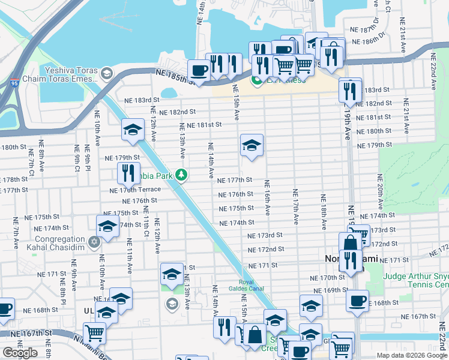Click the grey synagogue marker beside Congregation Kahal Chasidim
[93, 242]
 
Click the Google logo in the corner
[20, 353]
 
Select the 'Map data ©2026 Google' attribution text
[411, 355]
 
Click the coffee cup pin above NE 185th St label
[199, 70]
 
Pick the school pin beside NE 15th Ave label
[252, 145]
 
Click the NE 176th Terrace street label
[135, 190]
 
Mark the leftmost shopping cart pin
[94, 332]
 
